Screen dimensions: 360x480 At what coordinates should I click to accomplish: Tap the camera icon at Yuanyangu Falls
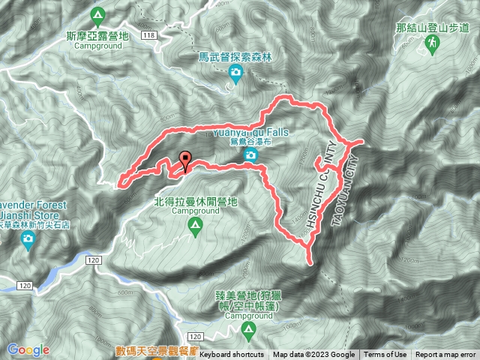coord(250,155)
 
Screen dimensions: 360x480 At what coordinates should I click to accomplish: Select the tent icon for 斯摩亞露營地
coord(98,14)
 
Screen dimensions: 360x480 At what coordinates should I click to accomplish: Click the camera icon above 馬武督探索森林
coord(235,73)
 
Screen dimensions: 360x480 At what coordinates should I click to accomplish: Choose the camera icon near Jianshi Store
coord(28,240)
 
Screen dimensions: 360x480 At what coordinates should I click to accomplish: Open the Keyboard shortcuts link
coord(232,355)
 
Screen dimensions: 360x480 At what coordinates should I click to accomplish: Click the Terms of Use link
coord(386,355)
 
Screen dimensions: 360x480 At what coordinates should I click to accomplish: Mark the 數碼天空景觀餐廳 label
coord(155,349)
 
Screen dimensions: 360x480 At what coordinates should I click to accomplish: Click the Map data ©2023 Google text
coord(314,355)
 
